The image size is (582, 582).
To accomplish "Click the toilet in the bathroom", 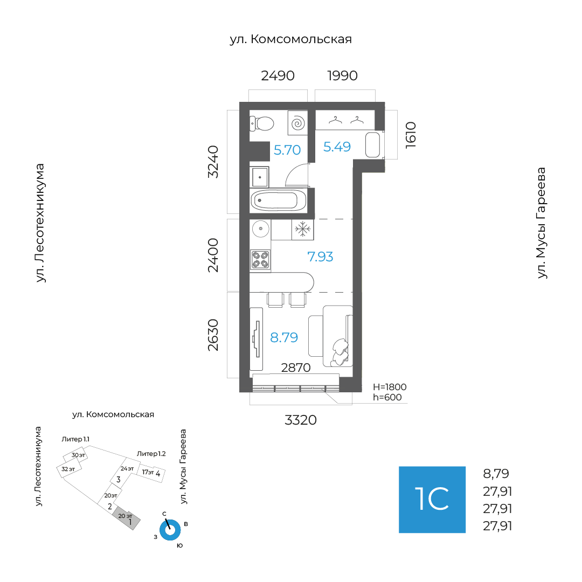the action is point(262,123).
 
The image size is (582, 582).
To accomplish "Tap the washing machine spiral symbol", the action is point(298,123).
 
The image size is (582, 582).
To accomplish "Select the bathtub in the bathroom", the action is point(278,200).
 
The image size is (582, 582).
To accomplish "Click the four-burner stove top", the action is point(260,259).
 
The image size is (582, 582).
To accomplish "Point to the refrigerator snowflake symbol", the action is point(303,230).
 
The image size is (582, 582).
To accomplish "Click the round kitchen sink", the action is point(261,228).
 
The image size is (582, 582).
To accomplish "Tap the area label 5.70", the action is point(287,150).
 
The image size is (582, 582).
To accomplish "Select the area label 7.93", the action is point(320,257).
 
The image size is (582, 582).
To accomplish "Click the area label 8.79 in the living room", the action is point(284,337).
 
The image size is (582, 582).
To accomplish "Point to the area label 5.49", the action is point(337,147).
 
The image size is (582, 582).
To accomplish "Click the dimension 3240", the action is point(213,162).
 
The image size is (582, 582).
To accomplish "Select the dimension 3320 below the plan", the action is point(301,420).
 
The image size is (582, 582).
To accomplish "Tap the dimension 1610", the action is point(411,135).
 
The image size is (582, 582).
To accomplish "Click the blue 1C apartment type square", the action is point(432,500).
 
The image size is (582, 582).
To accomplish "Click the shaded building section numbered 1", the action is point(127,518).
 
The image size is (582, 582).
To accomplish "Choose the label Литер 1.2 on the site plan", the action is point(151,454).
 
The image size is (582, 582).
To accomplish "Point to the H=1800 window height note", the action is point(390,387).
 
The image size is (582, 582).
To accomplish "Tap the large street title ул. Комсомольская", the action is point(290,39).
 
